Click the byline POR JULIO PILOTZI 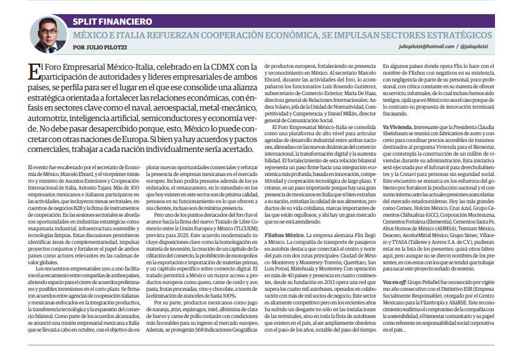click(x=98, y=46)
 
